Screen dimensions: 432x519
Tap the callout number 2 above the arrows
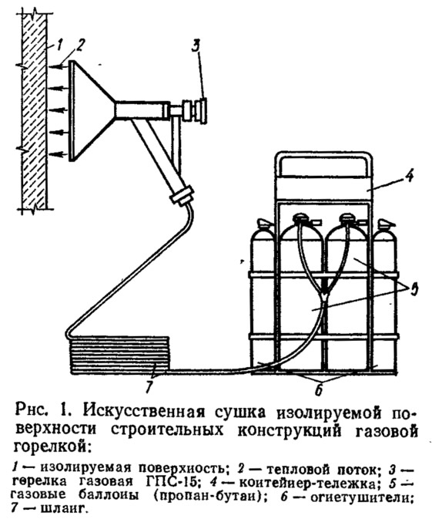pyautogui.click(x=80, y=44)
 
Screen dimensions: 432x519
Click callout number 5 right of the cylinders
pyautogui.click(x=414, y=290)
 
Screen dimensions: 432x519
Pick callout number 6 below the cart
pyautogui.click(x=318, y=389)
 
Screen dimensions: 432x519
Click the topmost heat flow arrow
pyautogui.click(x=59, y=67)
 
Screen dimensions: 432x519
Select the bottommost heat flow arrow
pyautogui.click(x=59, y=153)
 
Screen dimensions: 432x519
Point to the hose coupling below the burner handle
pyautogui.click(x=181, y=197)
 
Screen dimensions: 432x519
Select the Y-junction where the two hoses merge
pyautogui.click(x=327, y=294)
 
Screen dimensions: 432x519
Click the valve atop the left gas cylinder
pyautogui.click(x=301, y=219)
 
